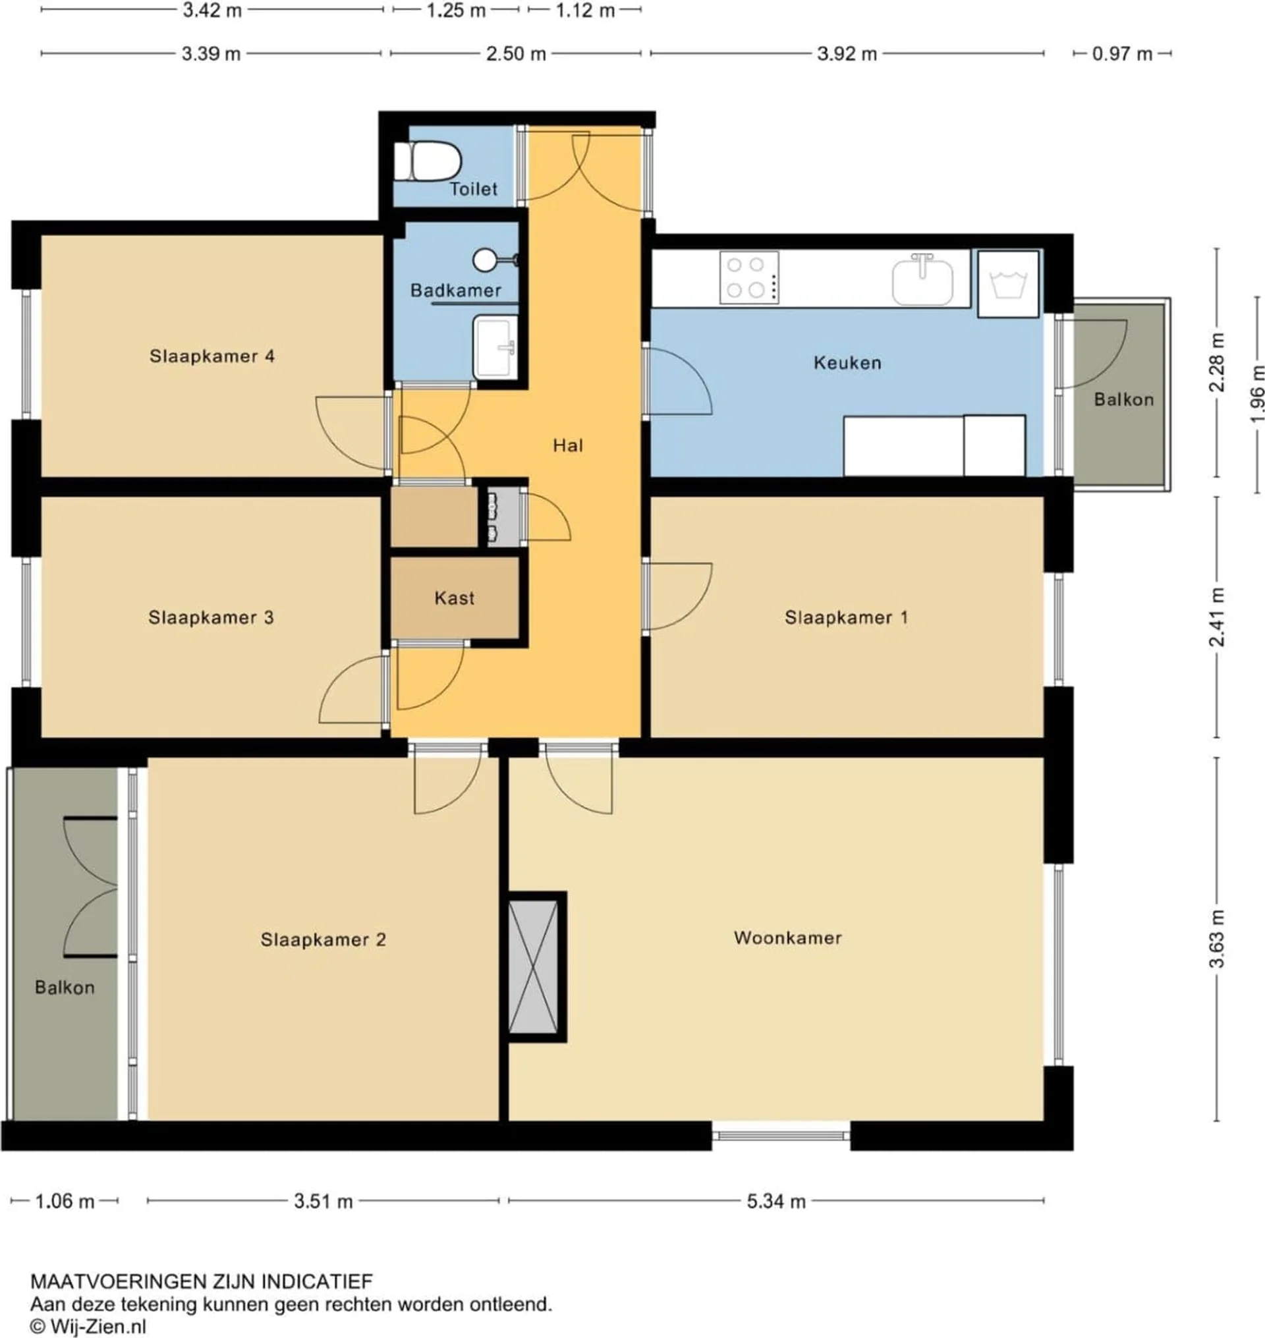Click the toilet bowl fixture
[427, 161]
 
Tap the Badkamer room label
[456, 291]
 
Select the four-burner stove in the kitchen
[749, 277]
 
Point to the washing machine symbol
[1008, 283]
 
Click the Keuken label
[847, 363]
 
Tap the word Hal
[568, 445]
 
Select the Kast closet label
[455, 598]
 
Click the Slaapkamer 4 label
[212, 356]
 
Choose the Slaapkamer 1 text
[846, 617]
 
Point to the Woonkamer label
[787, 937]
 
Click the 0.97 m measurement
[1122, 53]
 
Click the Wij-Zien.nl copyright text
[88, 1325]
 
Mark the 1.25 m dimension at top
[456, 11]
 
